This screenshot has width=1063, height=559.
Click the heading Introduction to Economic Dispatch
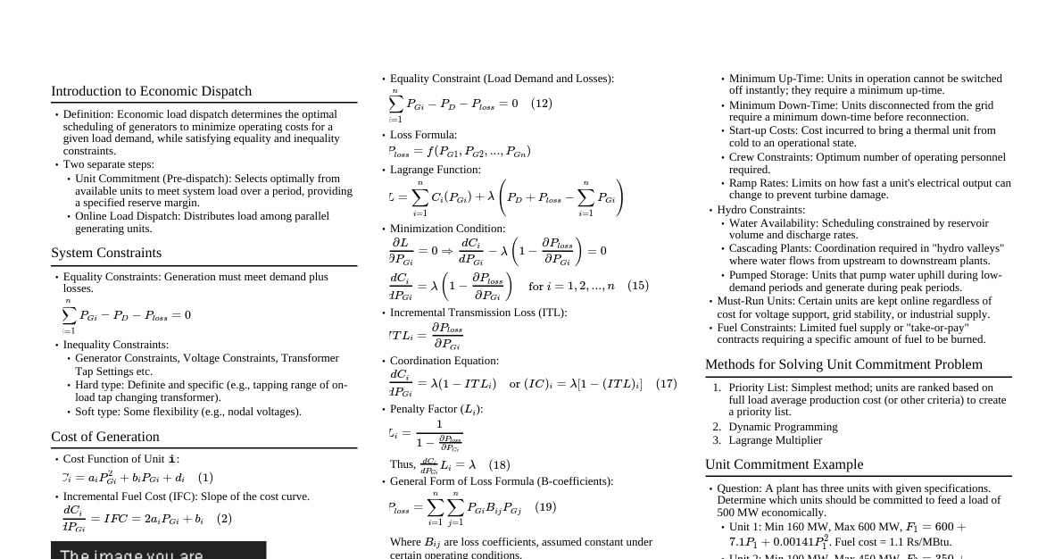(151, 91)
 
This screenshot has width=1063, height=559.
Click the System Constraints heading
(106, 253)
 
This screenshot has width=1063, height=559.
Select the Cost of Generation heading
(105, 437)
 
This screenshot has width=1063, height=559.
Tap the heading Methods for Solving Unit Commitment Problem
(843, 364)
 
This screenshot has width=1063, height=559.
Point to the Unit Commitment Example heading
(784, 464)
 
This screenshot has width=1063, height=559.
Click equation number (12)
(542, 104)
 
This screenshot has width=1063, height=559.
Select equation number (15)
(638, 286)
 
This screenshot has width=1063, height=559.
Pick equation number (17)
(666, 384)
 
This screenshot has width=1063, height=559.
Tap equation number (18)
(499, 464)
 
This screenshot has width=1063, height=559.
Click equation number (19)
(545, 507)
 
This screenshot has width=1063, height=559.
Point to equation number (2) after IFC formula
(224, 519)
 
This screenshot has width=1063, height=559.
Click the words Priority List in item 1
(757, 388)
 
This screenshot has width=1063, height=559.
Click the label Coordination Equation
(444, 361)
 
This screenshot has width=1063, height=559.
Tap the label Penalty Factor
(424, 409)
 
